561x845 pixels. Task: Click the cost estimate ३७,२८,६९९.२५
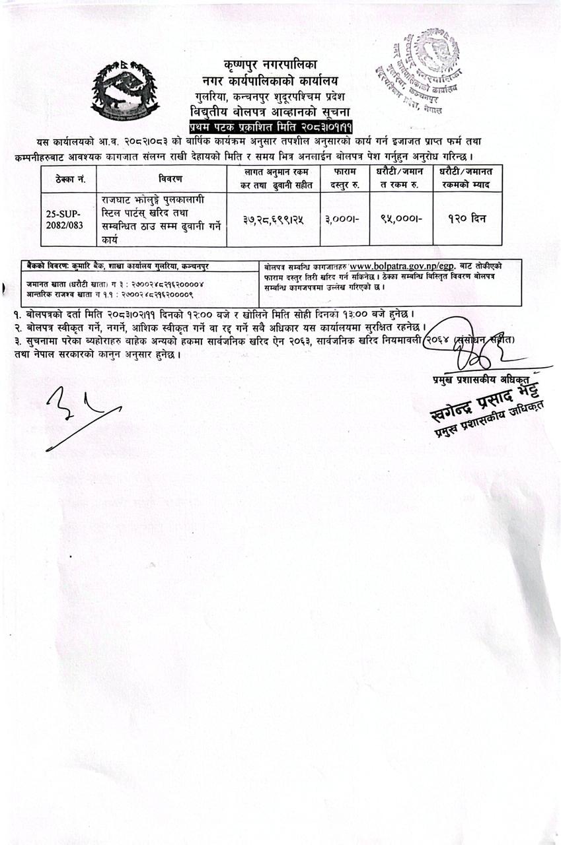pyautogui.click(x=273, y=219)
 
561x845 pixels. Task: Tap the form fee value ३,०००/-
pyautogui.click(x=342, y=219)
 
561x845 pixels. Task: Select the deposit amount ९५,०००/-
pyautogui.click(x=397, y=219)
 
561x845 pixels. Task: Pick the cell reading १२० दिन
pyautogui.click(x=467, y=219)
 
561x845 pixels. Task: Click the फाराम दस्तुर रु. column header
pyautogui.click(x=342, y=178)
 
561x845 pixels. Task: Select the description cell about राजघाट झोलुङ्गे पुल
pyautogui.click(x=161, y=219)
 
